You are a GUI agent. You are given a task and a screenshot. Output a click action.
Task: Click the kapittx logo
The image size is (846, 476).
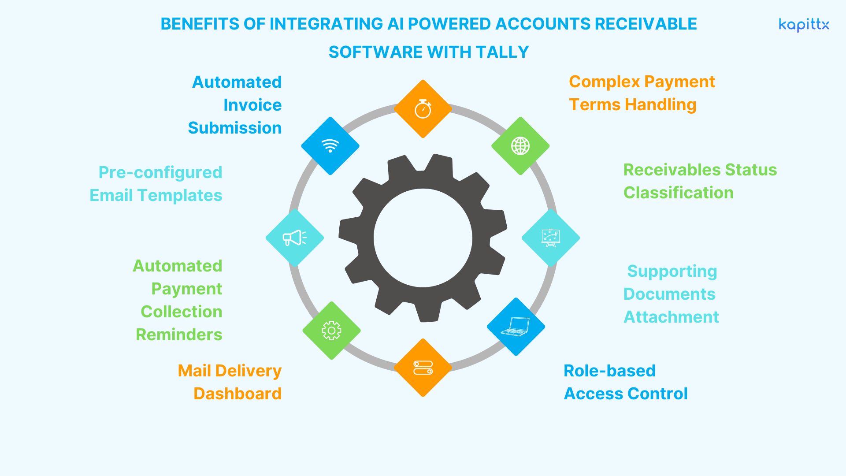[804, 25]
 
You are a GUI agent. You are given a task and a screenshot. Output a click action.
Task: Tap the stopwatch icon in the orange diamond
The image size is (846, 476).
[423, 109]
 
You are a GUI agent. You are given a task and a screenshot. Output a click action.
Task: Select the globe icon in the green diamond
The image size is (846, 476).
[520, 146]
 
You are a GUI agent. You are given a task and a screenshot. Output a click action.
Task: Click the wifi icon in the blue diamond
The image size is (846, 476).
[330, 146]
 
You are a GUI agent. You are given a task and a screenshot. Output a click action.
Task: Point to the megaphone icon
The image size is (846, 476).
[294, 238]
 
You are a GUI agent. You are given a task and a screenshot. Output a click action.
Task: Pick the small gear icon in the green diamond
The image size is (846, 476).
[331, 331]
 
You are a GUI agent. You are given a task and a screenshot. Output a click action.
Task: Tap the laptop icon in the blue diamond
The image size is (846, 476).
[516, 327]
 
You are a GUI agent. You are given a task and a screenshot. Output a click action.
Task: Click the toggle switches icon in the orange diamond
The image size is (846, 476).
[423, 368]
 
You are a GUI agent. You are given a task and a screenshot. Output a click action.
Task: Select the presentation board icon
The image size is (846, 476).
[550, 238]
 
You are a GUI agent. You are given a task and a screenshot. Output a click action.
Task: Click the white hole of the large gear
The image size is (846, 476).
[423, 238]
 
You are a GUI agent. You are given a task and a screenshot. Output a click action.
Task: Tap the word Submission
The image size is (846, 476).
[235, 128]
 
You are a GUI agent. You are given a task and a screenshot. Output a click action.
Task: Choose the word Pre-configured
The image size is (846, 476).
[160, 172]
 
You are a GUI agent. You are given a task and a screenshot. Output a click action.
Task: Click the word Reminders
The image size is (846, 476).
[179, 335]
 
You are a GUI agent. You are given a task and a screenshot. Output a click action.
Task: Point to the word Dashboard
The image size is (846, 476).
[237, 394]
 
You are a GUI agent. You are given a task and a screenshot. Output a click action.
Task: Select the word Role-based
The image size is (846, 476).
[609, 371]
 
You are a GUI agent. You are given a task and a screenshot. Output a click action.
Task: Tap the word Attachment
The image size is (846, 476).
[671, 317]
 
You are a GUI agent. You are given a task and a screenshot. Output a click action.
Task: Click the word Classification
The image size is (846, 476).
[678, 193]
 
